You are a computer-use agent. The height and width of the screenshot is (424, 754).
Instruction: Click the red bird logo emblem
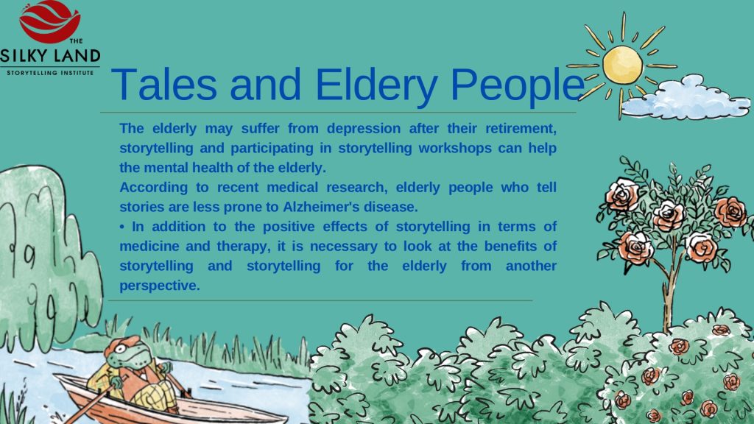point(50,21)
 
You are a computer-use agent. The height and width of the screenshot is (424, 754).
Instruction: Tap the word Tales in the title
point(164,85)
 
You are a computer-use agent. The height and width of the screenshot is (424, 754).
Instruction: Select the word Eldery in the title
point(376,85)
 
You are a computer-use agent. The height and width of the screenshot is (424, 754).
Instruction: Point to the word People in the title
point(518,85)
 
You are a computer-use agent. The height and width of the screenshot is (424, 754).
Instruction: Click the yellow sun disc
point(623,65)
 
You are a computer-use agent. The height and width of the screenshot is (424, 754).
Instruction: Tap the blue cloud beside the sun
point(686,99)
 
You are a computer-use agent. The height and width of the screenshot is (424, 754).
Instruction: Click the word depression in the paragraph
point(364,129)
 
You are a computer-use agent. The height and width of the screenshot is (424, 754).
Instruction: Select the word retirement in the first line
point(521,129)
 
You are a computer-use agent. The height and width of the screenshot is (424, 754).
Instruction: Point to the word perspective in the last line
point(159,286)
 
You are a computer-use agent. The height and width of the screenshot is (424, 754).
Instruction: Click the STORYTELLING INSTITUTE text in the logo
point(50,73)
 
